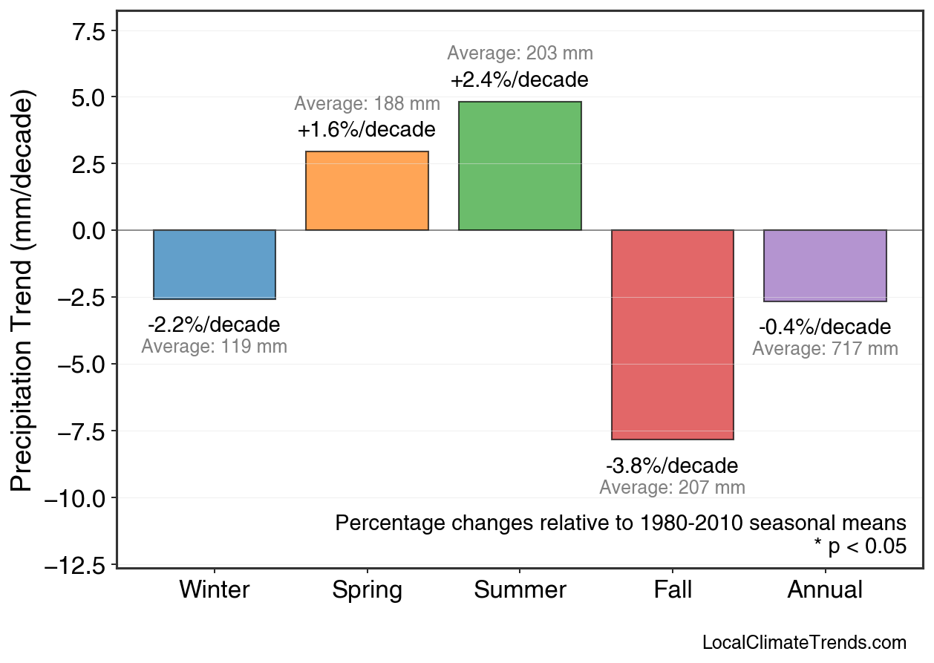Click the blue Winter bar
click(x=215, y=264)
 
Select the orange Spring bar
click(x=367, y=191)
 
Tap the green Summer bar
click(x=520, y=166)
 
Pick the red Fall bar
click(x=673, y=334)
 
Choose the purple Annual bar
click(x=825, y=266)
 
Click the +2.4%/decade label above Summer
click(x=520, y=79)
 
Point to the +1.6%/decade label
click(x=367, y=130)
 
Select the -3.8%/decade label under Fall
click(x=673, y=466)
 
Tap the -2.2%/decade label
click(x=215, y=325)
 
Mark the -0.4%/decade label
click(x=825, y=327)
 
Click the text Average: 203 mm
click(x=520, y=53)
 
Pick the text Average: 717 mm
click(x=825, y=349)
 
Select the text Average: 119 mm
click(x=215, y=347)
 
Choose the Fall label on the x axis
click(x=673, y=590)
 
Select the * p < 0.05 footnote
click(x=860, y=546)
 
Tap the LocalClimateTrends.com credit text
click(x=804, y=643)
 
